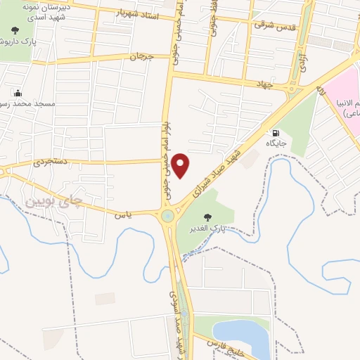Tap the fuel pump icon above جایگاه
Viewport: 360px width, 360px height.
click(274, 132)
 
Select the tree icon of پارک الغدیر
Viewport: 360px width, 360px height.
click(207, 217)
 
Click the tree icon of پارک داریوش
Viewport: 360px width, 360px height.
click(15, 31)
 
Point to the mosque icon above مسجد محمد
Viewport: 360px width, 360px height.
click(17, 93)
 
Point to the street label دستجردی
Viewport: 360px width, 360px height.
click(54, 162)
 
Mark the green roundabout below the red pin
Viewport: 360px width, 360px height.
click(168, 216)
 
